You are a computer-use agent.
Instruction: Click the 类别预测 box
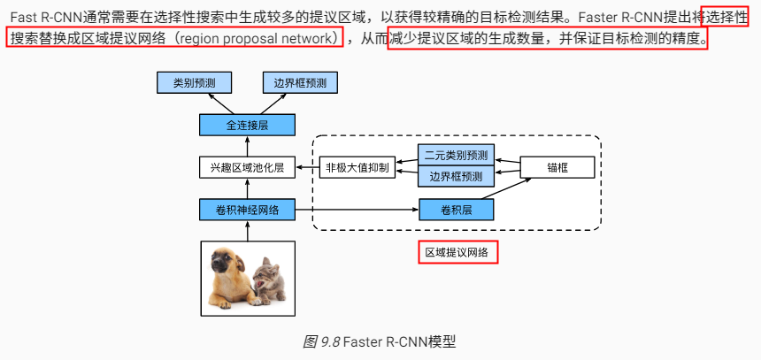[194, 83]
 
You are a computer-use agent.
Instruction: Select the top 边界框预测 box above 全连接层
[300, 83]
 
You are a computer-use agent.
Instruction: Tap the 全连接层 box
[247, 125]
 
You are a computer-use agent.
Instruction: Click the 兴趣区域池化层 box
[247, 166]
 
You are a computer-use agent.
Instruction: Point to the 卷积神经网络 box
[247, 210]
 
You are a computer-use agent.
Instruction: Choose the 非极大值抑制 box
[357, 166]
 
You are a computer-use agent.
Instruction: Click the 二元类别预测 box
[455, 155]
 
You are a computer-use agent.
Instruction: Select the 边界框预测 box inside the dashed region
[455, 176]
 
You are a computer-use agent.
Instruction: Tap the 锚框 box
[556, 166]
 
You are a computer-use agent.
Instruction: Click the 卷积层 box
[455, 210]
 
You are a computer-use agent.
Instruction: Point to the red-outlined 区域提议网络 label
[458, 253]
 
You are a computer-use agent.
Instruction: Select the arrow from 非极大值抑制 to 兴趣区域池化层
[306, 166]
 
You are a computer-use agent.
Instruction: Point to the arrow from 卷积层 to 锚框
[511, 189]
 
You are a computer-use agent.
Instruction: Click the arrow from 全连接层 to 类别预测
[219, 103]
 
